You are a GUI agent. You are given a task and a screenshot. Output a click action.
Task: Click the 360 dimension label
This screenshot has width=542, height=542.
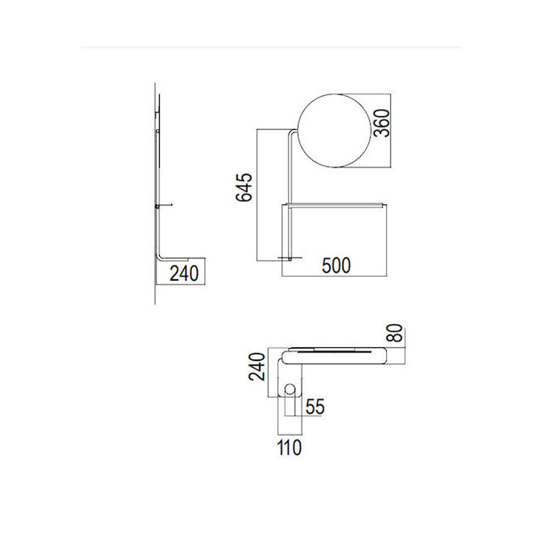[382, 124]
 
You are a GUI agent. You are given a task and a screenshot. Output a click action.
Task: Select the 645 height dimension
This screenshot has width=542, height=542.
[244, 187]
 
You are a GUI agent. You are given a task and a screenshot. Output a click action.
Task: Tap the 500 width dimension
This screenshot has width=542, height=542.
[337, 266]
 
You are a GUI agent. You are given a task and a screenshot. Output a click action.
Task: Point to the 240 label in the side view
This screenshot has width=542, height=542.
[184, 273]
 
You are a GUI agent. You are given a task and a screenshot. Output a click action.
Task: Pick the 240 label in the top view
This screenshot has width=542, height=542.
[257, 366]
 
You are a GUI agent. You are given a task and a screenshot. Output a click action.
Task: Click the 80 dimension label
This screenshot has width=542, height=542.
[395, 333]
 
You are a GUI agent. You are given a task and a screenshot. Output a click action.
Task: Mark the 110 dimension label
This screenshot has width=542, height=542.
[289, 447]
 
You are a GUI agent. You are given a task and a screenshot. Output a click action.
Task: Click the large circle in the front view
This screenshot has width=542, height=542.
[298, 131]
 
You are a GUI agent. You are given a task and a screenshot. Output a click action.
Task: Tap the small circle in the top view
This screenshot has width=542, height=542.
[290, 389]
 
